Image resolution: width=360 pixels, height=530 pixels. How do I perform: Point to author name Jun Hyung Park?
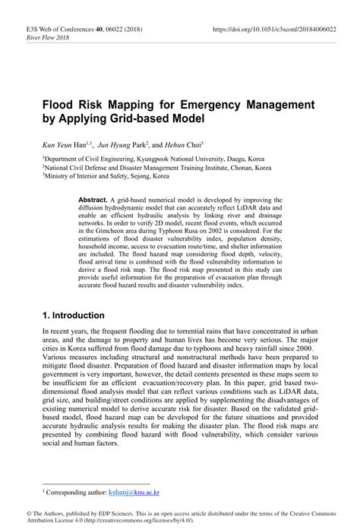pos(122,144)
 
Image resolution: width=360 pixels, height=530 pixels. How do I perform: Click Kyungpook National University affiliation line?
pos(153,160)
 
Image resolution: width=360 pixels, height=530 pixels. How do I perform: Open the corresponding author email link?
pos(140,492)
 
